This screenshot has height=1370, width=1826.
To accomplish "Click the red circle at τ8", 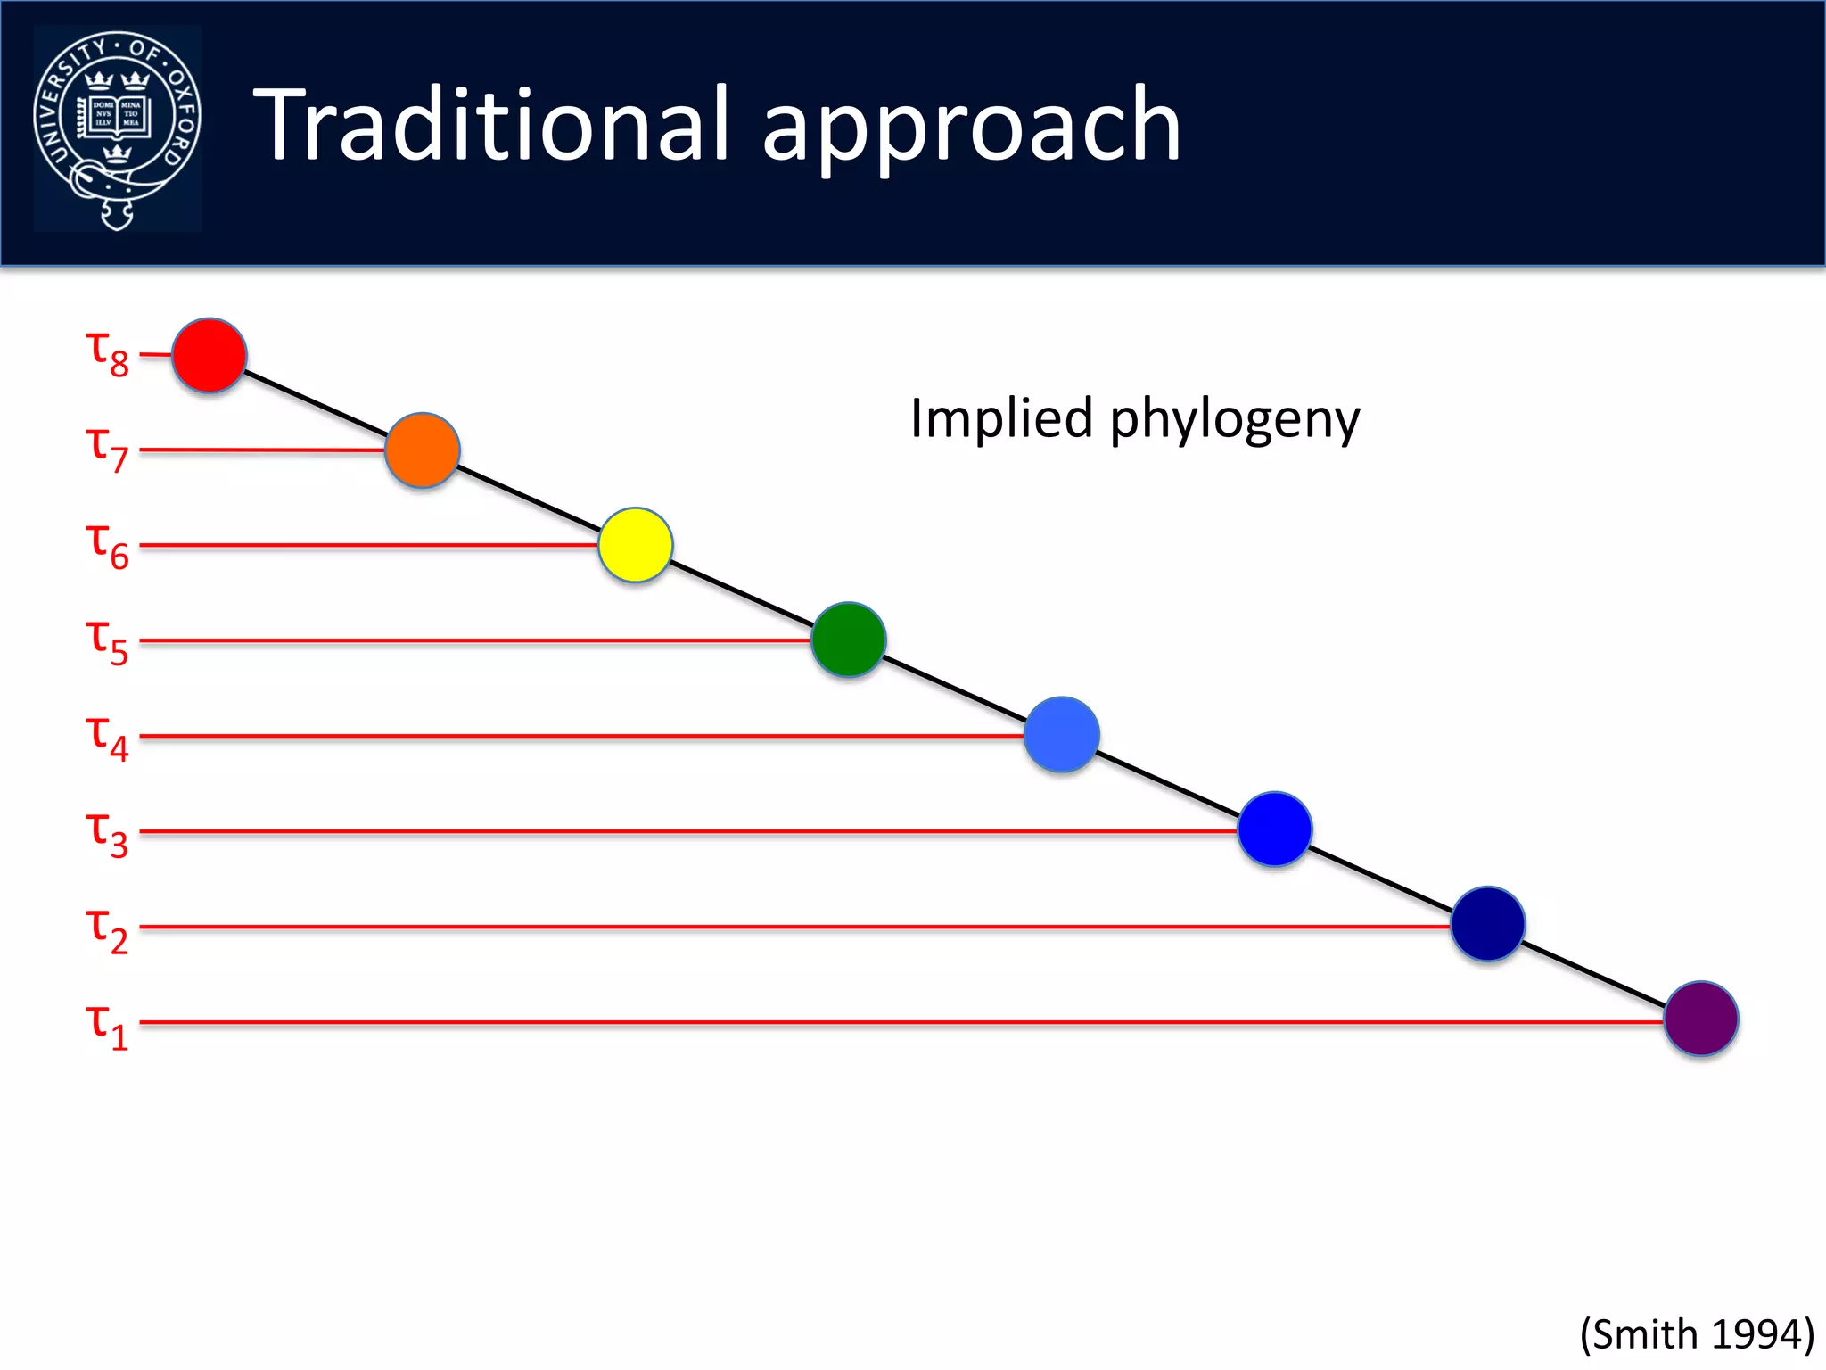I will pyautogui.click(x=209, y=355).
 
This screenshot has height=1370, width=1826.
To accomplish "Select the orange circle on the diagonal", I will pyautogui.click(x=423, y=450).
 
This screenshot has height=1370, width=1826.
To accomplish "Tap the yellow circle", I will pyautogui.click(x=636, y=545).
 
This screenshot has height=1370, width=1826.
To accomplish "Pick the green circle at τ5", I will pyautogui.click(x=849, y=640).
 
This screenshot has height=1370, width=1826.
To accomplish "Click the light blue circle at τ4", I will pyautogui.click(x=1062, y=735).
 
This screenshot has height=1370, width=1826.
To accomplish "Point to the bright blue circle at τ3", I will pyautogui.click(x=1275, y=829).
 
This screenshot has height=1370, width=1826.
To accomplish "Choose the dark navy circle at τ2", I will pyautogui.click(x=1488, y=924).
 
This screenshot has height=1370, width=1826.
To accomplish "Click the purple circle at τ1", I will pyautogui.click(x=1701, y=1019).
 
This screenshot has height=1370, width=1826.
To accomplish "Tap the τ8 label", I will pyautogui.click(x=107, y=353).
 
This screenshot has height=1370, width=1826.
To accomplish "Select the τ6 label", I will pyautogui.click(x=107, y=544).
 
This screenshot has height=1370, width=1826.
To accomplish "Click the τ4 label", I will pyautogui.click(x=107, y=737).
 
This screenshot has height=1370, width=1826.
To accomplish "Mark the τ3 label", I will pyautogui.click(x=107, y=833).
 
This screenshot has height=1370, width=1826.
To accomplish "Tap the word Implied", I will pyautogui.click(x=1001, y=419).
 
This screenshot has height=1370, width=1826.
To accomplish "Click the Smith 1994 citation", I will pyautogui.click(x=1697, y=1335).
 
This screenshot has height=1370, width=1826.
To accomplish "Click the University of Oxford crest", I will pyautogui.click(x=118, y=129).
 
